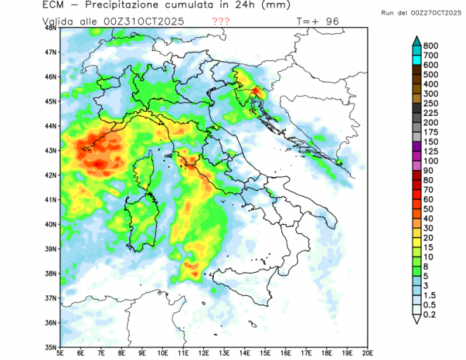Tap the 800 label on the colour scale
431,45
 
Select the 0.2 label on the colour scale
430,316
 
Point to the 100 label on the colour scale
431,162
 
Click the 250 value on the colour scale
431,103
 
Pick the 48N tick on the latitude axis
51,28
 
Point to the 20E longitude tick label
368,353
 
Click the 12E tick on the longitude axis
203,353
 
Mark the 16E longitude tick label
285,353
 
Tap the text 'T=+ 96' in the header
318,21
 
